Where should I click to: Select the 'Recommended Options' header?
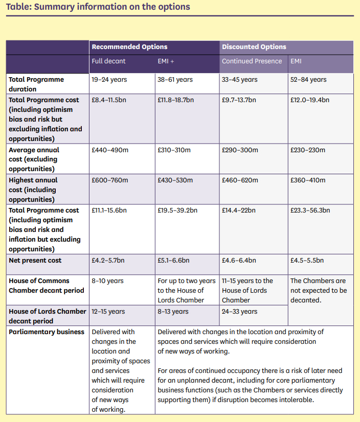pos(129,47)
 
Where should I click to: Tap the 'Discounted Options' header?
pos(254,47)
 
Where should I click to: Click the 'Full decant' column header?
pos(108,61)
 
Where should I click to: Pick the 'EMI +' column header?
pos(166,61)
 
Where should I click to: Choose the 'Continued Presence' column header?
pos(252,61)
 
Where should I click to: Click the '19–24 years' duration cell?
pos(109,80)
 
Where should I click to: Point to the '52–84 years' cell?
pos(308,80)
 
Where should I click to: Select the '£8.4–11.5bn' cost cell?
pos(108,100)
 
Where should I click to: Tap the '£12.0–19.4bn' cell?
pos(309,100)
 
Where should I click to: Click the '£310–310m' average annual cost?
pos(175,150)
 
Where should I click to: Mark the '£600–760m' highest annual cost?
pos(109,180)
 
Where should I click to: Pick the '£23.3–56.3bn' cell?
pos(310,210)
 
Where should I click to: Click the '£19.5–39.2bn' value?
pos(176,210)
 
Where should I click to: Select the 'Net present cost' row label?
pos(35,261)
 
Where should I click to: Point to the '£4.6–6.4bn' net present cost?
pos(239,261)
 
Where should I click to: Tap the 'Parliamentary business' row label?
pos(46,332)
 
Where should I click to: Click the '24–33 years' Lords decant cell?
pos(239,312)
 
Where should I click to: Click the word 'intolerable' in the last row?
pos(295,400)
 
